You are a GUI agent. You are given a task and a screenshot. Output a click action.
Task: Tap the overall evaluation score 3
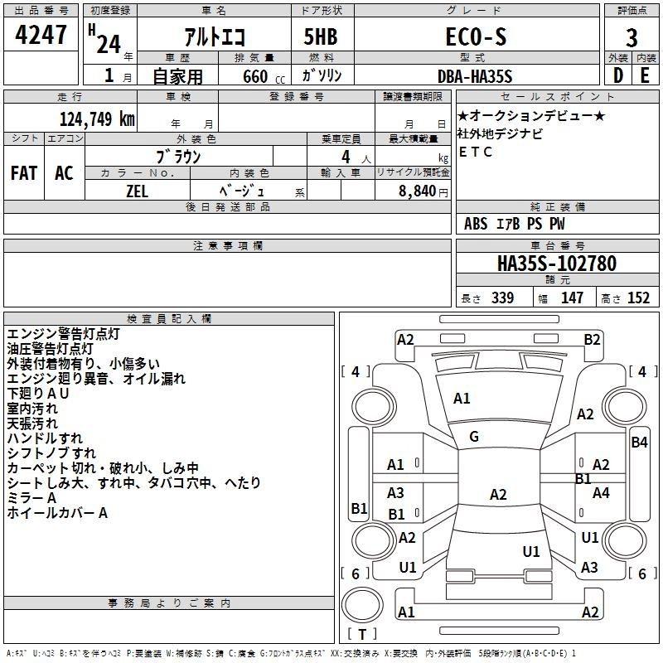coord(632,38)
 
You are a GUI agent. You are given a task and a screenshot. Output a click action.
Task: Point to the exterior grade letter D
coord(618,75)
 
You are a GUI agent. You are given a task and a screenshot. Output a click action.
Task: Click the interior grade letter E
coord(645,75)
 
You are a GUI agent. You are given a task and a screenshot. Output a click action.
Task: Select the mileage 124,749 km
coord(97,119)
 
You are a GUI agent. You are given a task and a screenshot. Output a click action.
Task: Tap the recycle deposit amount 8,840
coord(418,191)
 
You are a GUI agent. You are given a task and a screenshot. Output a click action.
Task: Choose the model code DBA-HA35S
coord(476,75)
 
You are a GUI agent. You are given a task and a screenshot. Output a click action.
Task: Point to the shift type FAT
coord(24,173)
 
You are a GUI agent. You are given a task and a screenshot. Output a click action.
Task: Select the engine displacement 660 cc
coord(250,76)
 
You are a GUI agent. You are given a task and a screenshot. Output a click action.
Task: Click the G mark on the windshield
coord(474,437)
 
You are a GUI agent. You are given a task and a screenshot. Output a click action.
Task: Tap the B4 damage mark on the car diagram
coord(639,442)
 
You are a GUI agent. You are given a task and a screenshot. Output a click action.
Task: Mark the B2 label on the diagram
coord(592,339)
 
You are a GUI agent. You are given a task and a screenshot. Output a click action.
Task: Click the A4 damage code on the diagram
coord(601,493)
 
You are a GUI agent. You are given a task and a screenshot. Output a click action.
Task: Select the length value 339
coord(501,298)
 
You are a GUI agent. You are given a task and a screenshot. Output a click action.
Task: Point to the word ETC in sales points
coord(476,152)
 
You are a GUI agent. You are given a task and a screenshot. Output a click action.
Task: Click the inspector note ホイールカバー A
coord(57,513)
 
